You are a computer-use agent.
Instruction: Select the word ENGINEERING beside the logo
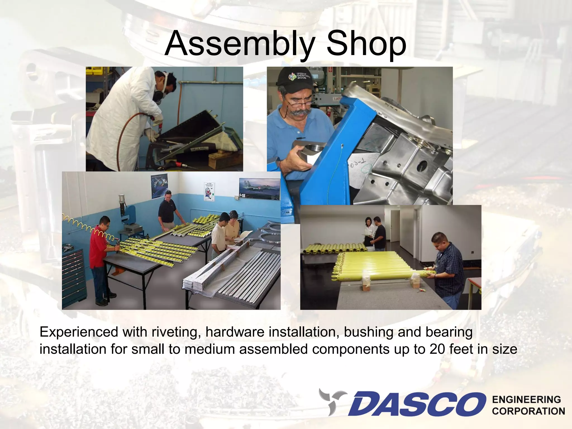526,400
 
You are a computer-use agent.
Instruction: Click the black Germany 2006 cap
293,77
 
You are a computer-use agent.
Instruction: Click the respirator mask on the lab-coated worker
159,94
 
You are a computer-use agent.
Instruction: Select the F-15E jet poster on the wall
259,189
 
